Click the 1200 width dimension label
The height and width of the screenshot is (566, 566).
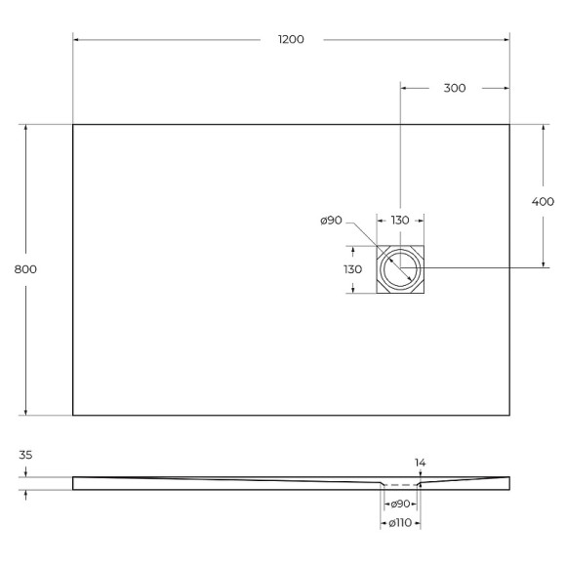pos(291,39)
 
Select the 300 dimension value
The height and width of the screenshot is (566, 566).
pos(454,88)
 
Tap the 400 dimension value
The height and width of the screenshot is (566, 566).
pos(543,202)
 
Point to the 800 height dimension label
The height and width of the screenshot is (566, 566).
pos(26,269)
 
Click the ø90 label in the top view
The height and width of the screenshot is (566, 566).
pos(332,221)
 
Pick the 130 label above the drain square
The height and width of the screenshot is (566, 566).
pos(400,221)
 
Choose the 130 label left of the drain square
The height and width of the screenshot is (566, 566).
pos(352,269)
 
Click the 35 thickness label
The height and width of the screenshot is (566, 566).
pos(26,455)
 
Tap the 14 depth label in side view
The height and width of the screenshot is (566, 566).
pos(420,462)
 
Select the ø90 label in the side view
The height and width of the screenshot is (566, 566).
pos(399,505)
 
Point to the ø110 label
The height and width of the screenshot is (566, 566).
pos(400,524)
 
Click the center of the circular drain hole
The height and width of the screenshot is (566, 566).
pos(400,269)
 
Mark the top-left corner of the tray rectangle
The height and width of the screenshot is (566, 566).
pos(73,125)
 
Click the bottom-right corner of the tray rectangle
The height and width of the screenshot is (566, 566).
pos(509,415)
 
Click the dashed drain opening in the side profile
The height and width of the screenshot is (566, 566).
pos(400,485)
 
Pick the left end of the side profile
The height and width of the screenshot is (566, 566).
pos(74,482)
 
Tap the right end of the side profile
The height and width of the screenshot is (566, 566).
pos(508,481)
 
